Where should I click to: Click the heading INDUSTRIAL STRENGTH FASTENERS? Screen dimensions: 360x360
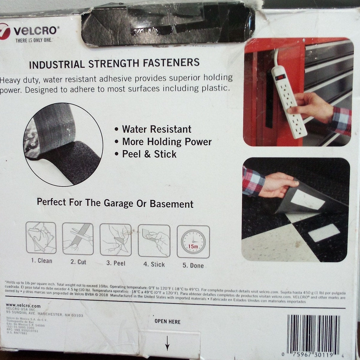pos(114,63)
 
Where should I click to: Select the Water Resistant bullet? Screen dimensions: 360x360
pos(156,129)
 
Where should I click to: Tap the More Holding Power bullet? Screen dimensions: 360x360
pos(167,142)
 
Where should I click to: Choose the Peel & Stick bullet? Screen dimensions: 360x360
pos(149,154)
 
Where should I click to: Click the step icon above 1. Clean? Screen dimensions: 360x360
pos(41,238)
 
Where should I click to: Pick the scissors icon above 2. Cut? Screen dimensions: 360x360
pos(78,238)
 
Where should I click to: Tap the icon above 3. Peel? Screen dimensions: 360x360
pos(115,239)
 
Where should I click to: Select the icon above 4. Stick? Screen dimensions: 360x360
pos(154,240)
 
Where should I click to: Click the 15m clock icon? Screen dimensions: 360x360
pos(193,242)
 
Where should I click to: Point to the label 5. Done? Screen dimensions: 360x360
pos(193,266)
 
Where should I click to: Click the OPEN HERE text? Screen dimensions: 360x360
pos(167,322)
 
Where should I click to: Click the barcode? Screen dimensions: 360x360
pos(313,334)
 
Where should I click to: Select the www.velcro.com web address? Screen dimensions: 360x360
pos(23,306)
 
